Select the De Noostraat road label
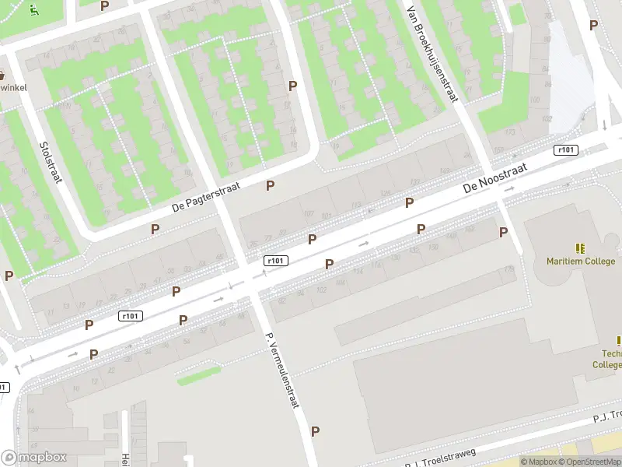pos(495,177)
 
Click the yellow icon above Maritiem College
pos(580,248)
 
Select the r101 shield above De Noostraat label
pos(565,149)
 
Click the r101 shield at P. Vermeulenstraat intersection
pos(275,261)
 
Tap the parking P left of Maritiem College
pos(503,232)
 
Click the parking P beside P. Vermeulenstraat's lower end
pos(315,431)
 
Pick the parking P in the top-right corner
pos(593,25)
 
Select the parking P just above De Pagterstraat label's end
pos(271,185)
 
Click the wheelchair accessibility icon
pos(33,10)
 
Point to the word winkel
pos(12,87)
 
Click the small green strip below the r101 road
pos(198,376)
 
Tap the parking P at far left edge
pos(9,276)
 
